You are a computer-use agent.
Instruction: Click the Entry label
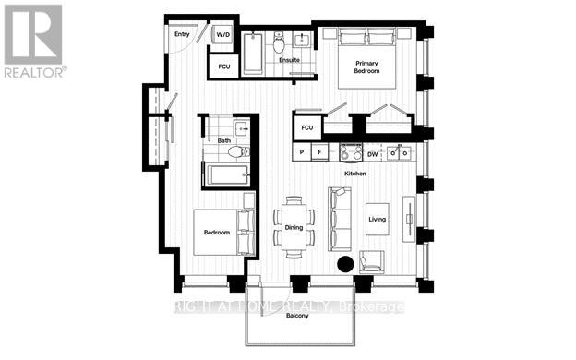[x=181, y=35]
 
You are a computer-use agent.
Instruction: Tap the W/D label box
[x=222, y=35]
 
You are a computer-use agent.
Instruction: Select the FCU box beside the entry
[x=222, y=67]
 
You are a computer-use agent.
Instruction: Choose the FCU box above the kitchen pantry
[x=307, y=126]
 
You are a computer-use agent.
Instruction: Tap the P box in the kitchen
[x=302, y=151]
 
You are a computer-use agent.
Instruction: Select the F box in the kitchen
[x=320, y=151]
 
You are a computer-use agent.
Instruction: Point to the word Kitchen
[x=356, y=174]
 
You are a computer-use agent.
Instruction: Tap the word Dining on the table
[x=294, y=226]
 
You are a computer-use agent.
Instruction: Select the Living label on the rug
[x=378, y=219]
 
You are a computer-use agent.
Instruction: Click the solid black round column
[x=344, y=264]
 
